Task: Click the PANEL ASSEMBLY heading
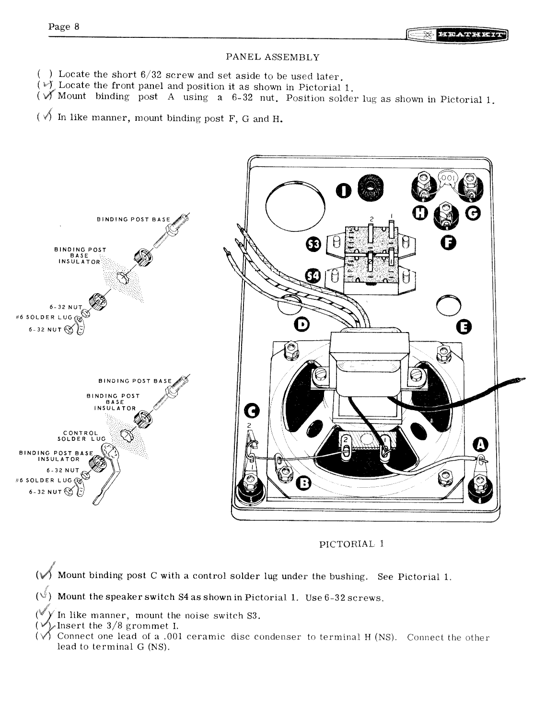272,57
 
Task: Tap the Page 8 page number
64,27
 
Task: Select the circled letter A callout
480,445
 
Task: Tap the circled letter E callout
464,327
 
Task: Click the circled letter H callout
420,214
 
